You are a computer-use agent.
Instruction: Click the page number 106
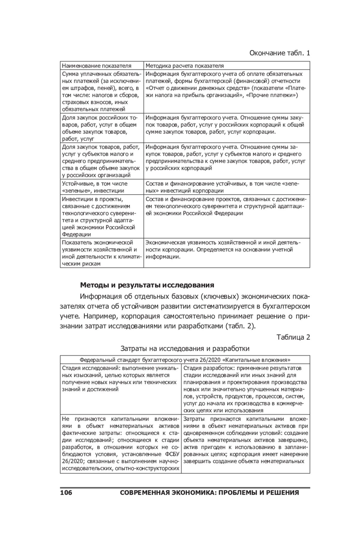click(x=66, y=493)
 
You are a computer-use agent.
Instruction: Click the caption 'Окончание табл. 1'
click(x=279, y=53)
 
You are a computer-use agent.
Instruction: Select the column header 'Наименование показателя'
click(x=97, y=66)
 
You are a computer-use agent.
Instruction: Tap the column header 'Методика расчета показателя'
click(x=184, y=66)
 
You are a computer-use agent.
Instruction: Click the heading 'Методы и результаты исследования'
click(x=147, y=285)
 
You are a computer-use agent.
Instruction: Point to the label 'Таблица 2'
click(x=293, y=337)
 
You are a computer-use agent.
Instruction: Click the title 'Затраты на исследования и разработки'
click(x=185, y=348)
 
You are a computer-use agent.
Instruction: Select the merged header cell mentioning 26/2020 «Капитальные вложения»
click(x=185, y=360)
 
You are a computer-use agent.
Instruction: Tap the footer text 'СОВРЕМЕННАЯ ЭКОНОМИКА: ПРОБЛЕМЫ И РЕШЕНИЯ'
click(x=209, y=493)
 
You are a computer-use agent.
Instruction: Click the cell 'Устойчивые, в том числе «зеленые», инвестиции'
click(x=95, y=187)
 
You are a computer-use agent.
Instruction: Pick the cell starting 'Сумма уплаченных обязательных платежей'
click(x=101, y=91)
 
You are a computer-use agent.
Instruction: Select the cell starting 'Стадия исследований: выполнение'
click(x=120, y=379)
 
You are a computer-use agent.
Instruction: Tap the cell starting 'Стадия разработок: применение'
click(x=245, y=389)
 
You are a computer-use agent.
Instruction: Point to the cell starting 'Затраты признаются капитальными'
click(x=245, y=440)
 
